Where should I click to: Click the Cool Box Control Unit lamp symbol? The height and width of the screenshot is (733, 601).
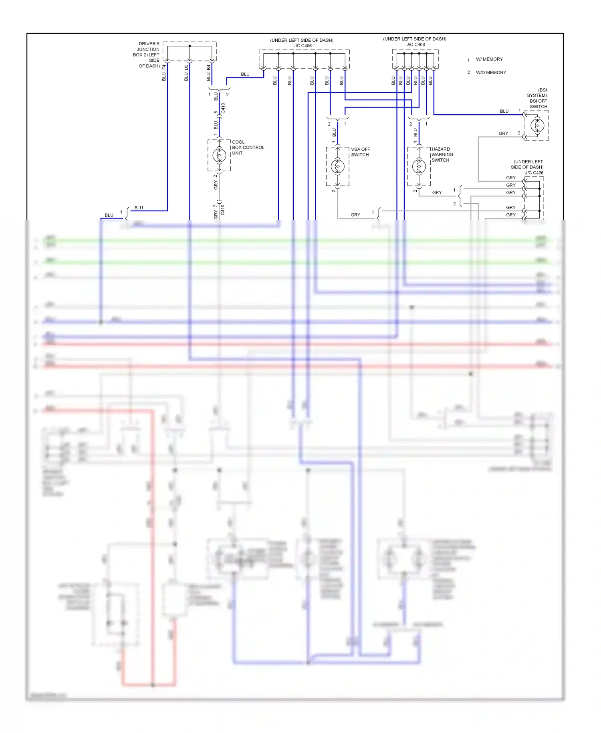point(219,155)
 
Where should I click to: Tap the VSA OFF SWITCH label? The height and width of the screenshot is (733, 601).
point(360,152)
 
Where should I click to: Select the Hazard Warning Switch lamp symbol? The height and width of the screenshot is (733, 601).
point(419,166)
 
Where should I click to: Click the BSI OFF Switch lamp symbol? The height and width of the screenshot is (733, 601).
point(537,126)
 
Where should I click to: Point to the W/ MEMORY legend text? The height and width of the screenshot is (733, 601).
point(489,59)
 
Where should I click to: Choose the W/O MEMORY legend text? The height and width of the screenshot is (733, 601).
point(491,73)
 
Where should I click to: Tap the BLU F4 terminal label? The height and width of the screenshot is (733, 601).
point(164,73)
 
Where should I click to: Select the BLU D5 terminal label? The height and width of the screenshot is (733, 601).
point(186,73)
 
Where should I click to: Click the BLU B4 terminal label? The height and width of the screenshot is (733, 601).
point(208,73)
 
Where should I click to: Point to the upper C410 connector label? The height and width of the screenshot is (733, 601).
point(223,108)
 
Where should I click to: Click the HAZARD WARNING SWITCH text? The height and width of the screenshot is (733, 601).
point(442,154)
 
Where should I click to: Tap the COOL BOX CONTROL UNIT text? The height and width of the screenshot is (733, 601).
point(248,148)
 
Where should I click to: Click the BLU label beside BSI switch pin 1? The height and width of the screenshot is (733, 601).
point(504,111)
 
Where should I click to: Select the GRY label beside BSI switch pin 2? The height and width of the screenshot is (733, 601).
point(503,134)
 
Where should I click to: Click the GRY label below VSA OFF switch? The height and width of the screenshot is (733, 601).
point(355,215)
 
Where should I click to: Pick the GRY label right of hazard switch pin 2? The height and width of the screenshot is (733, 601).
point(437,193)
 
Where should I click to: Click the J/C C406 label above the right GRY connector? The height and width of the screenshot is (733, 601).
point(534,173)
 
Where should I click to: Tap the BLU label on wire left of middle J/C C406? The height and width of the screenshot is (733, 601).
point(245,74)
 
